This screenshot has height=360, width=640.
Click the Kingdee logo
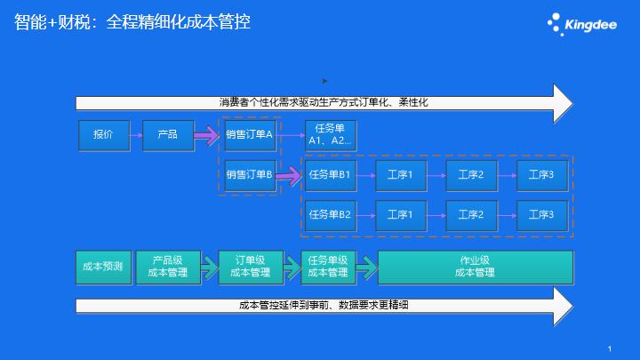tap(582, 25)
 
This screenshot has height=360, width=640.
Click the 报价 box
tap(104, 135)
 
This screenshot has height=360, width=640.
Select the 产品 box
tap(168, 135)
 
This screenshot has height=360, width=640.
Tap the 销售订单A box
tap(250, 135)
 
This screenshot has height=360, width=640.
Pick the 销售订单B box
tap(250, 175)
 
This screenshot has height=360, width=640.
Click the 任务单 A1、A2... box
tap(330, 135)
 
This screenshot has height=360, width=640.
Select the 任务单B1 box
tap(330, 175)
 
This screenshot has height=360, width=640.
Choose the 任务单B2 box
tap(330, 215)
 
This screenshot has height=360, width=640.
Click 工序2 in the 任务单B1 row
tap(471, 175)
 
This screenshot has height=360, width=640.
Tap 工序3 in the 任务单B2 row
tap(542, 215)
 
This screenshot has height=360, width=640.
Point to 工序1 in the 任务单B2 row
tap(401, 215)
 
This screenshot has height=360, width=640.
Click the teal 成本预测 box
tap(104, 268)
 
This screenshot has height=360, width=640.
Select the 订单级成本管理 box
tap(251, 268)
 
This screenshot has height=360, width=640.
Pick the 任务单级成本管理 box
tap(328, 268)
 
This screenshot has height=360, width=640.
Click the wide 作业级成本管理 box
tap(476, 268)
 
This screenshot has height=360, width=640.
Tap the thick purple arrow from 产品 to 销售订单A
tap(206, 135)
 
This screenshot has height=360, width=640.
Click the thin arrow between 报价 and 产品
tap(136, 135)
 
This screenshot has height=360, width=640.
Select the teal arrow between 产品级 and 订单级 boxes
tap(210, 268)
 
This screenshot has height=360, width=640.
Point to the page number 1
tap(610, 348)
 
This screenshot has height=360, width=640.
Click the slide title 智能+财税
tap(52, 21)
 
